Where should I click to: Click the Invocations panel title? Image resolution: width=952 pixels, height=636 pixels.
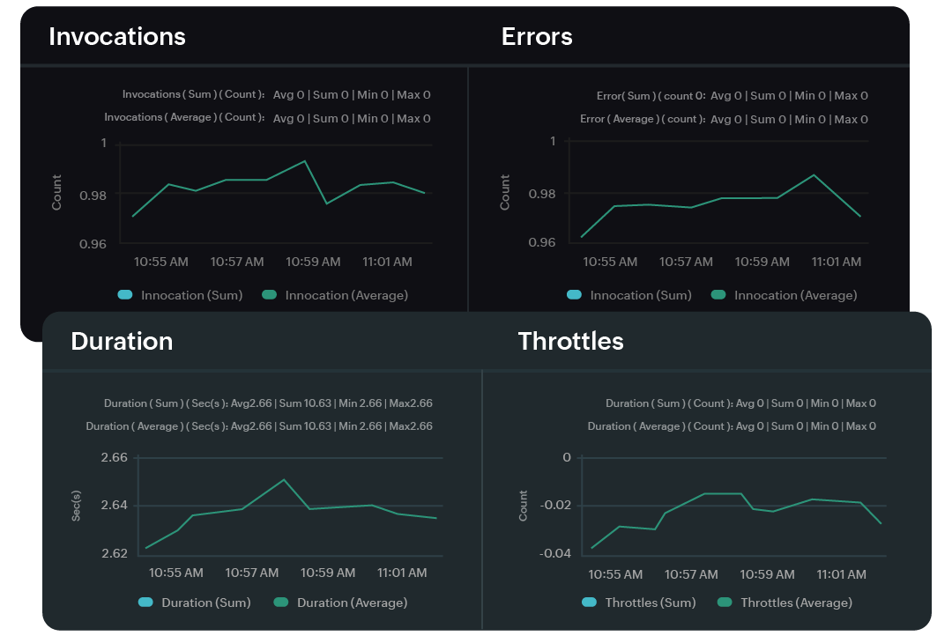[117, 36]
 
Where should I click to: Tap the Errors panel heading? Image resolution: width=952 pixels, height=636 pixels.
[537, 36]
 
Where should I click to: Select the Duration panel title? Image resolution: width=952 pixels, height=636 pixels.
[122, 342]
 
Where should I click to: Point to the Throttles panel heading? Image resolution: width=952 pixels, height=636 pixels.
[570, 342]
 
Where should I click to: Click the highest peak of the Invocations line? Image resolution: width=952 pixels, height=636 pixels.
[305, 161]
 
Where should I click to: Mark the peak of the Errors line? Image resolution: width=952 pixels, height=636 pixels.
[814, 174]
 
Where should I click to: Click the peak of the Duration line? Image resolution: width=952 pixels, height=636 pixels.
[284, 480]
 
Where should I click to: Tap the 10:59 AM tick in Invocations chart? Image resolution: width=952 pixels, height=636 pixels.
[313, 262]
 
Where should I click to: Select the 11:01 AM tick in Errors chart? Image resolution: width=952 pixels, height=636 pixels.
[836, 262]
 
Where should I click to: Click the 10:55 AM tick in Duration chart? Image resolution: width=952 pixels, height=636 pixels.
[176, 573]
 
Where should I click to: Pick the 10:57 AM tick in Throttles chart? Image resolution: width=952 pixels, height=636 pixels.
[691, 574]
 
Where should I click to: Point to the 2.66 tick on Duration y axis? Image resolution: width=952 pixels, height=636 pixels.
[115, 458]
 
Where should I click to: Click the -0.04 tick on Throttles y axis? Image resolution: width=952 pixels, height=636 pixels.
[555, 553]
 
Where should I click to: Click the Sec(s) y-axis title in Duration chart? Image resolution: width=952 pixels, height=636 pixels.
[77, 506]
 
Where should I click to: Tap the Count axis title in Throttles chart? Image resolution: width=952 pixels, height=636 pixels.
[524, 506]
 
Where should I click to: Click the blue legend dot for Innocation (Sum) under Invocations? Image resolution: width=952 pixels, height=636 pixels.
[125, 295]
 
